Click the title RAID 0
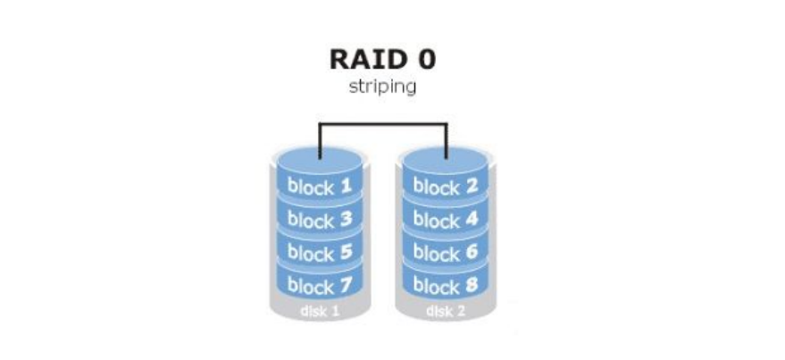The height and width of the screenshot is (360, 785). (383, 60)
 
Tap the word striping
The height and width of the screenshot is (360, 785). (382, 88)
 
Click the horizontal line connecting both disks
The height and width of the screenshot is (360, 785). (383, 124)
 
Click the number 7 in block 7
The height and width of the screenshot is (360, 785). (347, 287)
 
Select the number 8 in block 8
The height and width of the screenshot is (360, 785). (472, 287)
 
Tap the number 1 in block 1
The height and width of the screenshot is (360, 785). (347, 187)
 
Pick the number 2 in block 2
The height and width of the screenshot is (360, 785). (472, 188)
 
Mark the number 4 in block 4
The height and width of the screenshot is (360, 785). (472, 220)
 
